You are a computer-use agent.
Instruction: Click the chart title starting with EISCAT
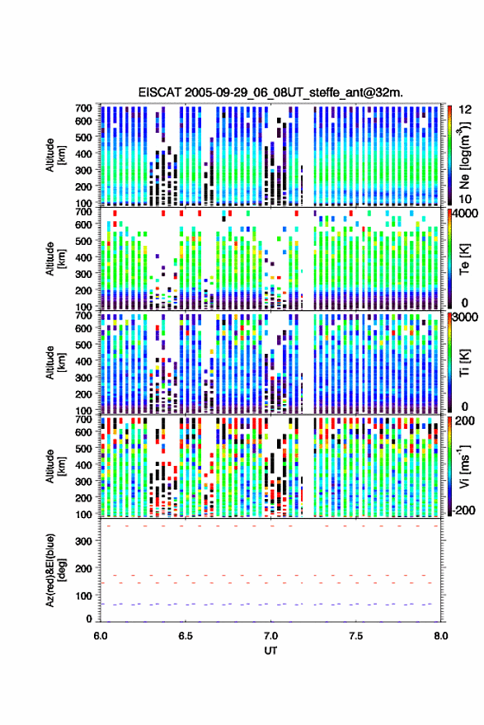270,92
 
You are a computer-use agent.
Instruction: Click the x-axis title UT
270,651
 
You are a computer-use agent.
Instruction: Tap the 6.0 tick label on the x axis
101,636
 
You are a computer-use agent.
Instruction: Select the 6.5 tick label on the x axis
186,636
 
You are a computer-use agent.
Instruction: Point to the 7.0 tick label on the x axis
270,636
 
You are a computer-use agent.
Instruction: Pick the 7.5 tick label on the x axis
355,636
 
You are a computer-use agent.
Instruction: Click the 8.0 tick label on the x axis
440,636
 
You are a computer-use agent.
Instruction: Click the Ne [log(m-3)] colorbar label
466,155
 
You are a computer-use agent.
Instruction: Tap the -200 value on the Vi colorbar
463,511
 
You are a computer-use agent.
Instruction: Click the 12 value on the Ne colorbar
465,110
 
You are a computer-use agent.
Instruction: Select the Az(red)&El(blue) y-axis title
55,570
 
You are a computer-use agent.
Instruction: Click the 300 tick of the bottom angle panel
83,541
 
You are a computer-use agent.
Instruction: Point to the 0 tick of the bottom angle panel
89,619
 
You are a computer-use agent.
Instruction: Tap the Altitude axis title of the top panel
55,155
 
